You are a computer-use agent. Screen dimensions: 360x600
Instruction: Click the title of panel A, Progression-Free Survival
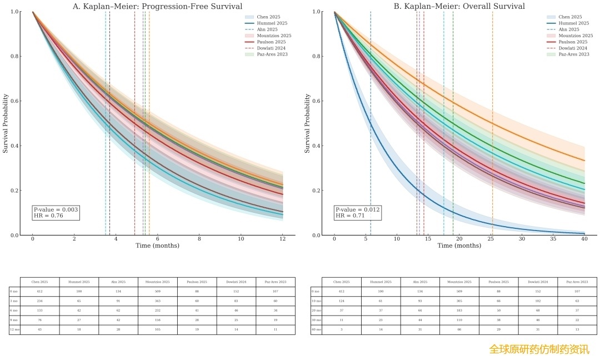(x=158, y=6)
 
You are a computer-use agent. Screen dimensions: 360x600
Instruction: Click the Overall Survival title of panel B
(x=459, y=6)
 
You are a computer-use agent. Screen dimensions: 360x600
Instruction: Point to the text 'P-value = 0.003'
(x=56, y=209)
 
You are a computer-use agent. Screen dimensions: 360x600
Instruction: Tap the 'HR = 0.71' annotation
(x=350, y=216)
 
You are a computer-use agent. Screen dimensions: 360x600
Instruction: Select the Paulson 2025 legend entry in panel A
(x=271, y=42)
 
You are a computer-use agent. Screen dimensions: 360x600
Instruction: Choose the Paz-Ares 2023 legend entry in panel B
(x=573, y=54)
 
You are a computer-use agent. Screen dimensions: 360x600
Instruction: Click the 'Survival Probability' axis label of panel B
(x=307, y=123)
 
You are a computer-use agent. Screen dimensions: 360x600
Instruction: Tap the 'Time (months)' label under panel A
(x=157, y=246)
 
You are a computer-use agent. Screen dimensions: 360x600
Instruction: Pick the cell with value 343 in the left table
(x=158, y=301)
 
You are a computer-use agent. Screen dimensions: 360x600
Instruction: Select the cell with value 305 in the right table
(x=459, y=301)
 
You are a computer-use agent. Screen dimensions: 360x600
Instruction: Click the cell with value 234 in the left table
(x=39, y=301)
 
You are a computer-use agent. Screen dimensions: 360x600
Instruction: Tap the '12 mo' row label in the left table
(x=14, y=329)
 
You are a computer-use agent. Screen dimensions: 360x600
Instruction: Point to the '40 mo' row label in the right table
(x=316, y=329)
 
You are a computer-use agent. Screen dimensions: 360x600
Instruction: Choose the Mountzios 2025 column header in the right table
(x=459, y=282)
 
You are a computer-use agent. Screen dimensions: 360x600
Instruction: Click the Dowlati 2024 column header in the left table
(x=236, y=282)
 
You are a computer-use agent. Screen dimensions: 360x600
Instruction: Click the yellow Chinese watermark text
(x=539, y=349)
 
